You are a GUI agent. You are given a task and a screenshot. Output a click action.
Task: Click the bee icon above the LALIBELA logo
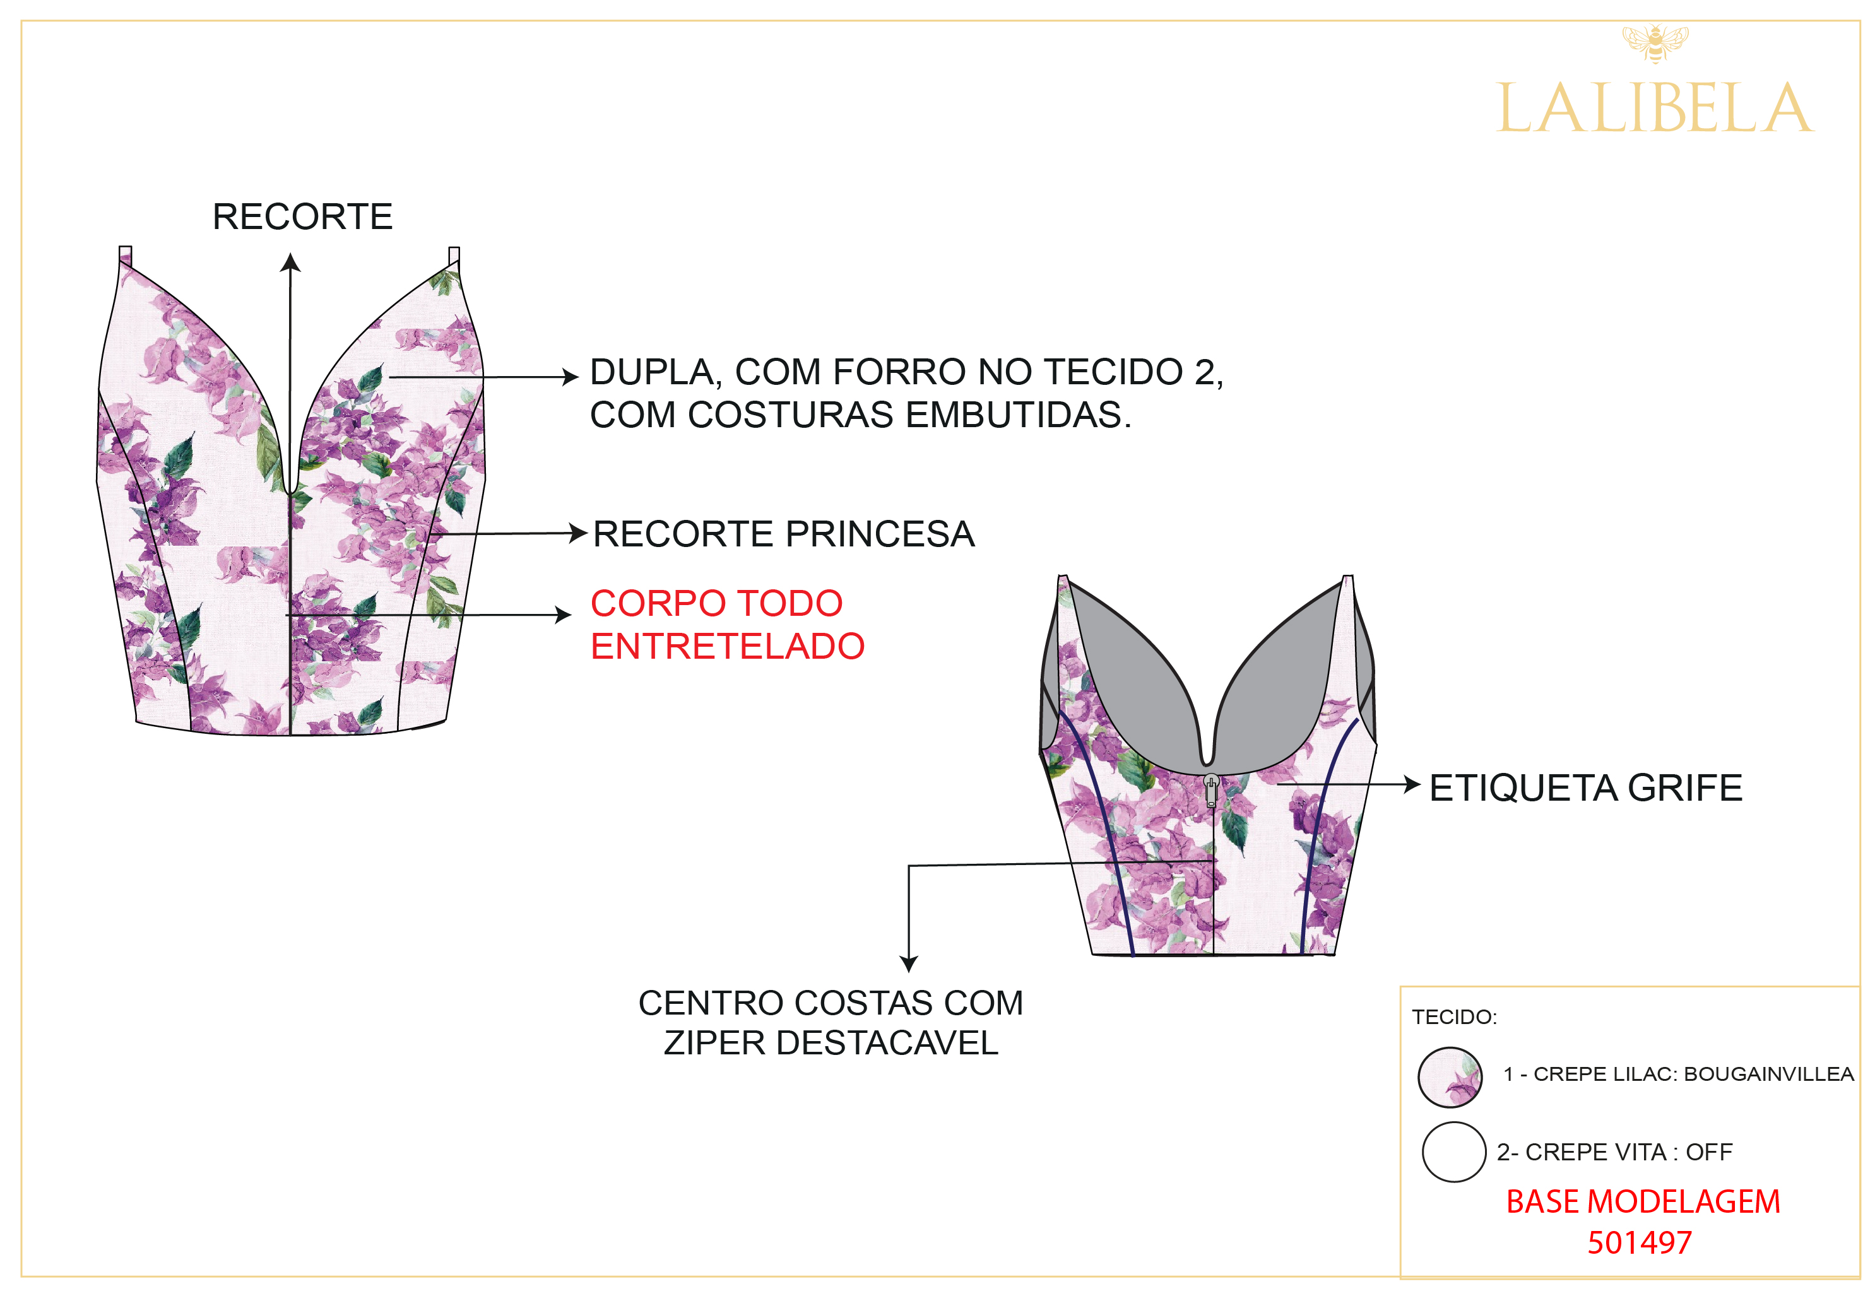[x=1654, y=43]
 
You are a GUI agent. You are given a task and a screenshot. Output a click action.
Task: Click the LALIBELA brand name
[x=1654, y=108]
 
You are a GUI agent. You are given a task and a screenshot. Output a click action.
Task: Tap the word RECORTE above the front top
[x=302, y=217]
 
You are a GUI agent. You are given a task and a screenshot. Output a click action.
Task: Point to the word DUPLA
[x=651, y=372]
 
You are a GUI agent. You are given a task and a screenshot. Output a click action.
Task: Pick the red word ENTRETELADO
[x=728, y=646]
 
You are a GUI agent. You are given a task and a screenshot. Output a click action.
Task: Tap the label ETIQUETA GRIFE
[x=1585, y=787]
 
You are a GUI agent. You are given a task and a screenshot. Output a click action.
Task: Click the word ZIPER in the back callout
[x=716, y=1044]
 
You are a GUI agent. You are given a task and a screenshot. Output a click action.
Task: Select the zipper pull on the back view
[x=1210, y=789]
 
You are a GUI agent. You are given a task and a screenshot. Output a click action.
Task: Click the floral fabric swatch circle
[x=1450, y=1078]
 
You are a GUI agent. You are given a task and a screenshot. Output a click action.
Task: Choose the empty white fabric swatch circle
[x=1453, y=1152]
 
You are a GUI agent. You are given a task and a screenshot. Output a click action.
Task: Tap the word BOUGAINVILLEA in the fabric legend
[x=1768, y=1075]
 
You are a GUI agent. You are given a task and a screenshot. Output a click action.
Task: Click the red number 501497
[x=1640, y=1243]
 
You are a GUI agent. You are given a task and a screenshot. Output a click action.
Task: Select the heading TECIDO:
[x=1453, y=1018]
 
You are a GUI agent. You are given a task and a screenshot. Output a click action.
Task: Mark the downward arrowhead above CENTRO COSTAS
[x=909, y=964]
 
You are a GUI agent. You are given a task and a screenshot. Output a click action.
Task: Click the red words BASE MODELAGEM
[x=1643, y=1202]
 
